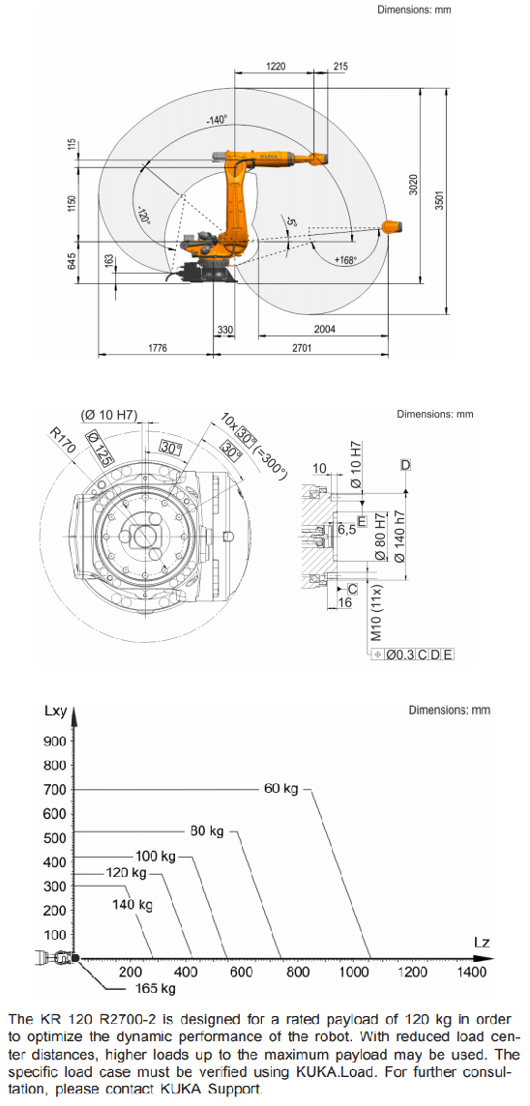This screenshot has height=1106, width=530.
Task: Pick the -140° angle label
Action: click(x=217, y=121)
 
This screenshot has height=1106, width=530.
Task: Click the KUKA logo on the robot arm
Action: click(x=269, y=155)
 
